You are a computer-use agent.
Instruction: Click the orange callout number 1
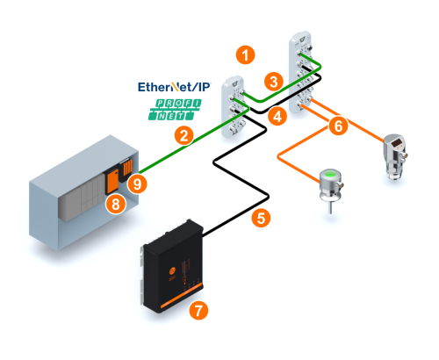(x=245, y=54)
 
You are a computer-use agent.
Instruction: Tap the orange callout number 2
(x=184, y=136)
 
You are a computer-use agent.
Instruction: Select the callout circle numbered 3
(x=274, y=82)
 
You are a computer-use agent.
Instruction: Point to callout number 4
(x=277, y=116)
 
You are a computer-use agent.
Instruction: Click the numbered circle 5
(x=261, y=218)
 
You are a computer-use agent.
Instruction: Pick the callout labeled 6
(x=338, y=126)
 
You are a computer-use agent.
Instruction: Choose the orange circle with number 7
(x=198, y=310)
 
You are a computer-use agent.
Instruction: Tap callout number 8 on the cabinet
(x=116, y=204)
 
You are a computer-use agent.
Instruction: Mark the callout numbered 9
(x=137, y=184)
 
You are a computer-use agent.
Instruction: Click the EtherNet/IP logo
(x=174, y=87)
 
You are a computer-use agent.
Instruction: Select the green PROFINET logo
(x=175, y=110)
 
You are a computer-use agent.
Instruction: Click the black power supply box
(x=173, y=267)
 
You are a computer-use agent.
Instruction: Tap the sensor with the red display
(x=396, y=155)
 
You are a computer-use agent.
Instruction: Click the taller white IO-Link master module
(x=301, y=72)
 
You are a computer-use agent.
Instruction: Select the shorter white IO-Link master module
(x=234, y=106)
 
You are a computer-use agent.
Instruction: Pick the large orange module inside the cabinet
(x=112, y=181)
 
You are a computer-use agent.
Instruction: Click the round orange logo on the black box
(x=172, y=270)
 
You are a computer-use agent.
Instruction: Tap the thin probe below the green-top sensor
(x=331, y=208)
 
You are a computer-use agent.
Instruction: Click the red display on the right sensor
(x=398, y=143)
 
